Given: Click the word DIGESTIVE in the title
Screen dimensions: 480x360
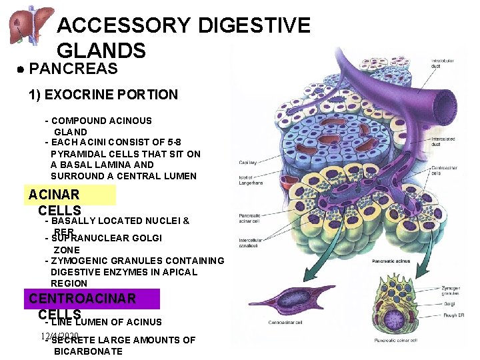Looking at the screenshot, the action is pos(254,25).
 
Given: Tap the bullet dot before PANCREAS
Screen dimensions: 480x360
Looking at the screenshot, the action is pos(21,69).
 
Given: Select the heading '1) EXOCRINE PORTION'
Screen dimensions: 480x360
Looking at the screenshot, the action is pos(103,95).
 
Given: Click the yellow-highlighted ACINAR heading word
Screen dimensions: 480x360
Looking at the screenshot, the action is pos(54,195).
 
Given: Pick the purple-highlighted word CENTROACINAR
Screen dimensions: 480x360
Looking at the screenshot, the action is pos(83,299).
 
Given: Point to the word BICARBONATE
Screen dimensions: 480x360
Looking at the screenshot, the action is pos(88,351).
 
